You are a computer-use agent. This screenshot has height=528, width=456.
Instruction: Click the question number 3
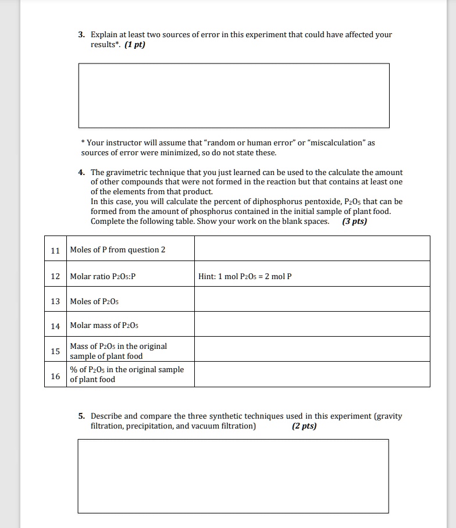click(x=82, y=35)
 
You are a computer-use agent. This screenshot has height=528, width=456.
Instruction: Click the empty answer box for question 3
click(x=234, y=95)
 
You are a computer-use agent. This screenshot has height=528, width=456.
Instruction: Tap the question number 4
click(x=82, y=173)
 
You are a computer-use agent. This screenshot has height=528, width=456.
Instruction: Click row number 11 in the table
click(x=55, y=250)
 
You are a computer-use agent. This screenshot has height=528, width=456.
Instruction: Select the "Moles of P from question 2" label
click(x=117, y=250)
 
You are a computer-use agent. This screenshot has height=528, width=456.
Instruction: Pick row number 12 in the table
click(x=55, y=277)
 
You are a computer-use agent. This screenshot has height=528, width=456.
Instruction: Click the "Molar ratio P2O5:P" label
click(x=102, y=277)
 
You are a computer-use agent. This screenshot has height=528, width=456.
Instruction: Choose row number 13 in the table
click(x=55, y=301)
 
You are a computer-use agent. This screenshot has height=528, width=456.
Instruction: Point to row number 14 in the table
click(x=55, y=326)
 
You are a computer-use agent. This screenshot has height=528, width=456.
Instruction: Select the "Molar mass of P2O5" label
click(x=103, y=326)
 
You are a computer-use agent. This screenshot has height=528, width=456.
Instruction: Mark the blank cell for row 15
click(x=312, y=349)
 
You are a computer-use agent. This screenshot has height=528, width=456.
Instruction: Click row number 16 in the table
click(x=55, y=376)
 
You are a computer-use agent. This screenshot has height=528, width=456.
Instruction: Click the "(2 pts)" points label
click(x=304, y=426)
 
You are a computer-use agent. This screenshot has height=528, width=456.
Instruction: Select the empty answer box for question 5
click(x=233, y=476)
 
